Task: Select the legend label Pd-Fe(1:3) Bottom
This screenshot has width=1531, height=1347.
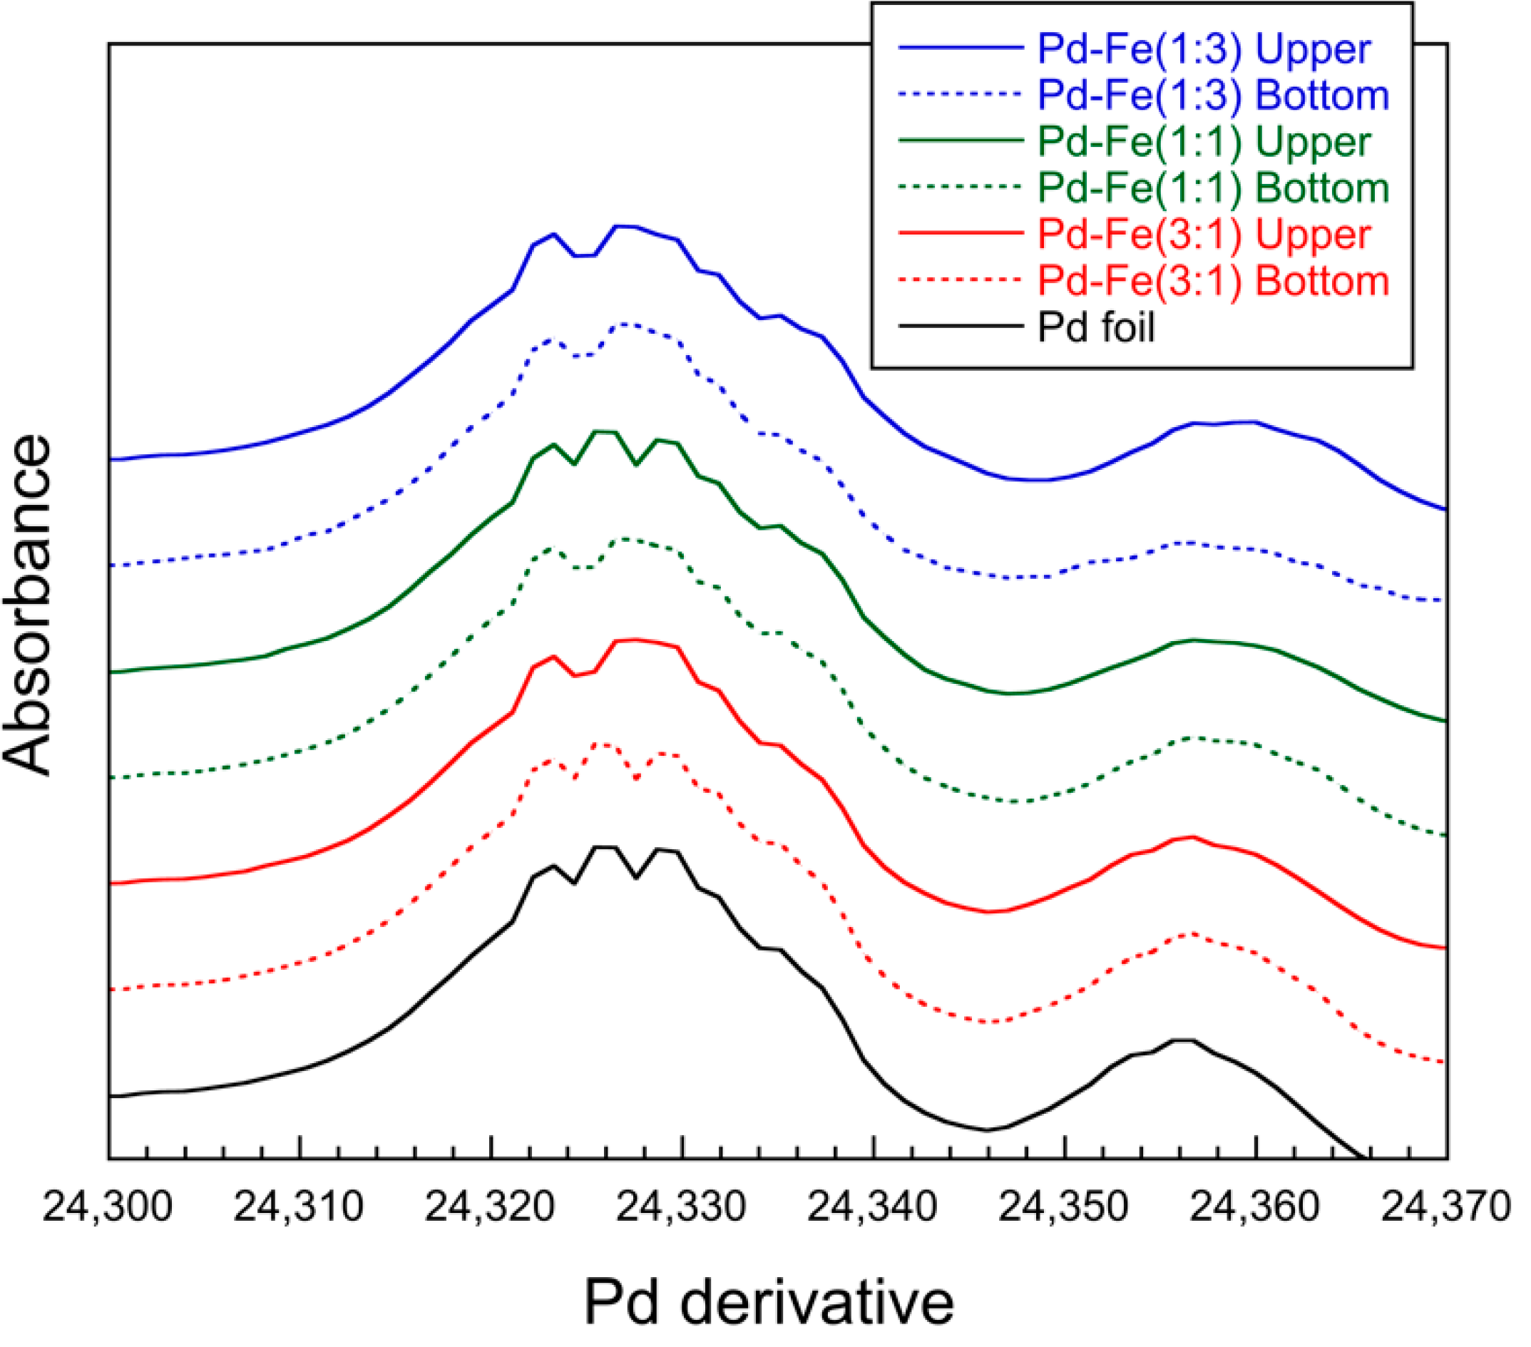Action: [1213, 95]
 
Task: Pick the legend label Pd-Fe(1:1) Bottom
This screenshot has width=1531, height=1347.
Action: [1213, 188]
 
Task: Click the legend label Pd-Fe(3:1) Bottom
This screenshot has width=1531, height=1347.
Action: [1213, 281]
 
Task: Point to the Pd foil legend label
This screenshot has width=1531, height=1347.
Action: [1096, 327]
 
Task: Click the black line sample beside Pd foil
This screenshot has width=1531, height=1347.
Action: [961, 327]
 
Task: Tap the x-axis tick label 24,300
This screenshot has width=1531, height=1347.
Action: [108, 1206]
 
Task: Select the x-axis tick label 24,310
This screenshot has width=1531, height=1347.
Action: [299, 1206]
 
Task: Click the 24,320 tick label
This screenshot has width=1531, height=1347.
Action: [490, 1206]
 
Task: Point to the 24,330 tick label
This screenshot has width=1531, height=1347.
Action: [681, 1206]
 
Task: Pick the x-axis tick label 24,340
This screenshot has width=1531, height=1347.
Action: [873, 1206]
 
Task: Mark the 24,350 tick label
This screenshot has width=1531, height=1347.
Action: [1064, 1206]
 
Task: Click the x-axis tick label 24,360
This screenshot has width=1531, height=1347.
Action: [1254, 1206]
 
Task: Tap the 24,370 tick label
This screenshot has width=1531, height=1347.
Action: [1445, 1206]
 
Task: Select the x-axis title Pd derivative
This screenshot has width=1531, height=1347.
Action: [769, 1302]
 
